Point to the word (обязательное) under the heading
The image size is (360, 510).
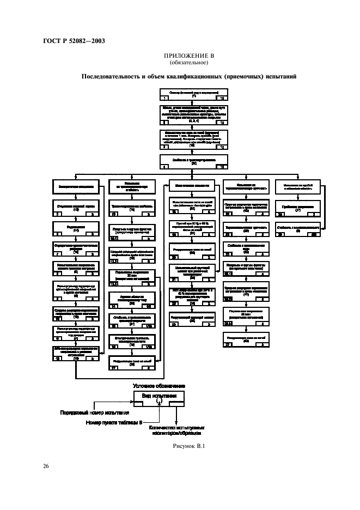tap(190, 63)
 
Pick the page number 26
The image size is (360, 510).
tap(46, 466)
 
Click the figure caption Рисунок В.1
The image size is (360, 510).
tap(190, 446)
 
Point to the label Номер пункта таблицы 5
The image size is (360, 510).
tap(115, 422)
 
